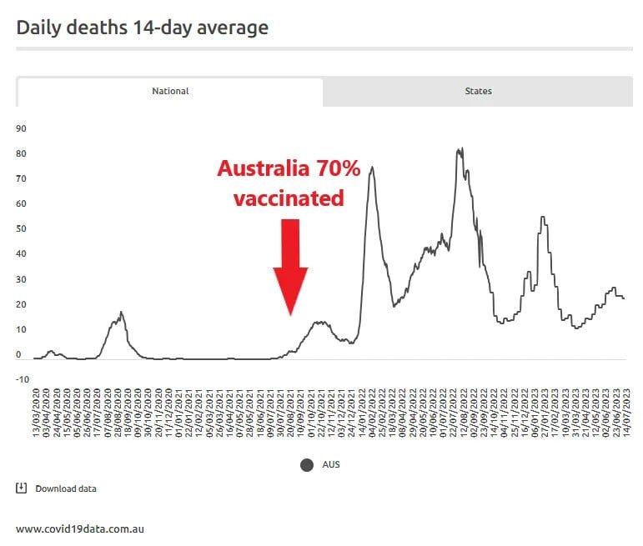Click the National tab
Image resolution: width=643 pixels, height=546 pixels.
pyautogui.click(x=170, y=91)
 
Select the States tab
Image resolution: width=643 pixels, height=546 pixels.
pyautogui.click(x=478, y=91)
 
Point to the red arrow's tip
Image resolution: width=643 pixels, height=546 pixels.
pyautogui.click(x=290, y=314)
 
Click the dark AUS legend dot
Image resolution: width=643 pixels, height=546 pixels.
pyautogui.click(x=306, y=464)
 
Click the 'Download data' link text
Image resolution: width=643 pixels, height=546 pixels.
pyautogui.click(x=65, y=488)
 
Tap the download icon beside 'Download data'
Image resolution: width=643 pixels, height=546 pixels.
pyautogui.click(x=22, y=488)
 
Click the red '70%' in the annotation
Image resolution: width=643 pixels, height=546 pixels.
pyautogui.click(x=338, y=169)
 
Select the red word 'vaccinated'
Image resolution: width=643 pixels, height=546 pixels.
pyautogui.click(x=288, y=198)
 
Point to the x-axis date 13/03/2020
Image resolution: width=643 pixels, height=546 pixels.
pyautogui.click(x=37, y=408)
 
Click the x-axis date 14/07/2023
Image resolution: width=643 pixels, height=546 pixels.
pyautogui.click(x=623, y=408)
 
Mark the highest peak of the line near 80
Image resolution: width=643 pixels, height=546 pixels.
pyautogui.click(x=460, y=149)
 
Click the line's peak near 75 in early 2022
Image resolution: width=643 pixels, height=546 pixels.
pyautogui.click(x=371, y=168)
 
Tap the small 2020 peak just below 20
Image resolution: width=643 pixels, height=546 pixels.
pyautogui.click(x=121, y=313)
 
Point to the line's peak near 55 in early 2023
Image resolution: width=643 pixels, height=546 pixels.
pyautogui.click(x=543, y=218)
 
